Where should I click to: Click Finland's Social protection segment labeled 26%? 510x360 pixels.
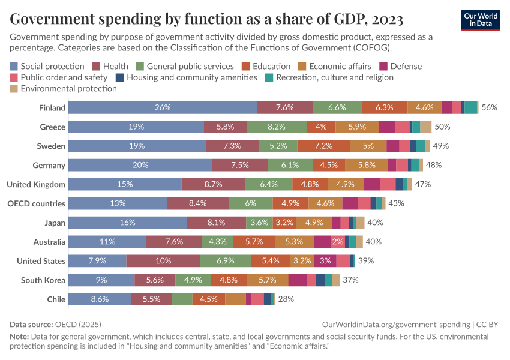163,107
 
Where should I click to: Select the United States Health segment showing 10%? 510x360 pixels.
163,260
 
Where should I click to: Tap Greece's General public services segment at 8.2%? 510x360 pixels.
277,127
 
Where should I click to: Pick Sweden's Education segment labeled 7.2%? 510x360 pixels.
323,146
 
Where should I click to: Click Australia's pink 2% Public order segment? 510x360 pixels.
338,242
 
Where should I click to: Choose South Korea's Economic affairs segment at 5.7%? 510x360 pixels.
266,280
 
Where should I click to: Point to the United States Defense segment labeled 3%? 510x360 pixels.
325,260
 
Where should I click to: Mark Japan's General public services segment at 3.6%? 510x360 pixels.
259,223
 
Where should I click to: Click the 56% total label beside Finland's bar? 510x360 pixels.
490,107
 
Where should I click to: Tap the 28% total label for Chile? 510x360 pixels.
286,299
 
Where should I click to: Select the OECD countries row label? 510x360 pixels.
36,203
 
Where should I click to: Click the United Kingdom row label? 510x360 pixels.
36,184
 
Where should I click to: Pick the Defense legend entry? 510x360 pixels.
401,66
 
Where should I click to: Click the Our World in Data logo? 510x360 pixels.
480,20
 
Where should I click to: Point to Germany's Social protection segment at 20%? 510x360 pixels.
140,165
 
